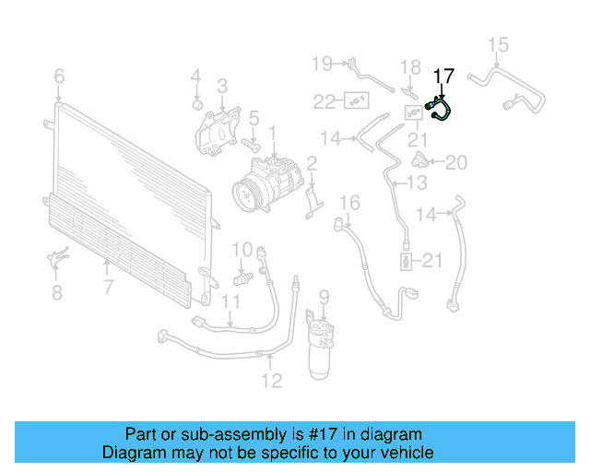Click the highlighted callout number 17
(x=443, y=76)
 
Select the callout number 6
(x=59, y=76)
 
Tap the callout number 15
(x=498, y=44)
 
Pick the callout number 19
(x=321, y=63)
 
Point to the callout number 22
(x=324, y=100)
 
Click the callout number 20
(x=456, y=163)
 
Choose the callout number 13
(x=418, y=183)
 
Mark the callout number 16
(x=349, y=202)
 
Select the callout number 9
(x=324, y=297)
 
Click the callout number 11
(x=230, y=301)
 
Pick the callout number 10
(x=242, y=249)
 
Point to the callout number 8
(x=57, y=293)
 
